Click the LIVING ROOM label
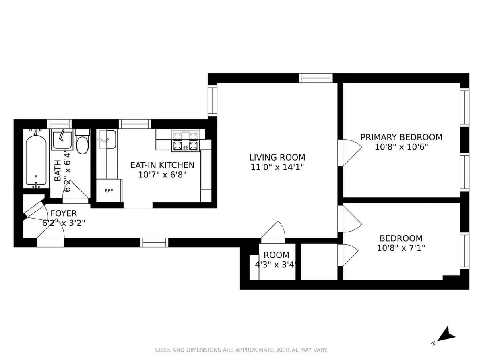tap(277, 157)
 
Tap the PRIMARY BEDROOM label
tap(401, 137)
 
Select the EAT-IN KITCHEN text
tap(162, 165)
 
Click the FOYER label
tap(64, 213)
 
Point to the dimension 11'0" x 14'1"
tap(277, 167)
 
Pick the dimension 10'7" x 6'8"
tap(162, 175)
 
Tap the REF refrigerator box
tap(109, 191)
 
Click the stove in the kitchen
tap(186, 141)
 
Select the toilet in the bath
tap(82, 144)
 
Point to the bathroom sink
tap(62, 139)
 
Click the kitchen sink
tap(107, 139)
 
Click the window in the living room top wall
tap(316, 78)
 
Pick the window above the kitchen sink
tap(135, 124)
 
